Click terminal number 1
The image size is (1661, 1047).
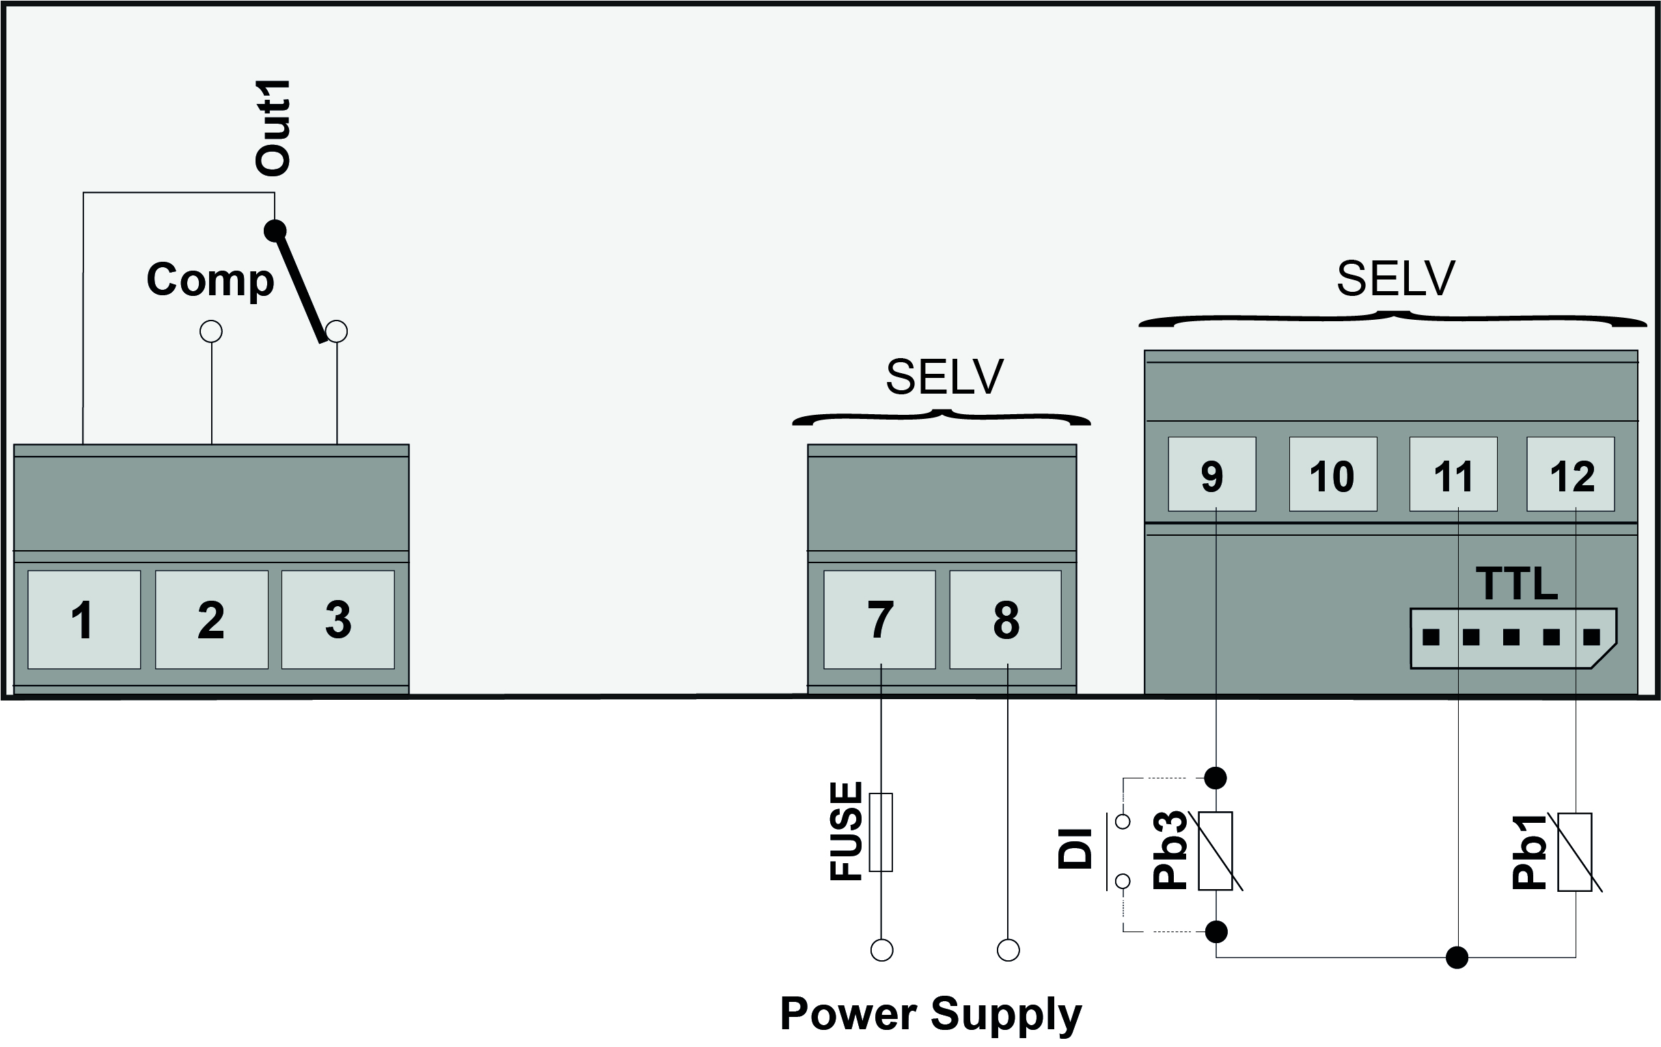click(84, 618)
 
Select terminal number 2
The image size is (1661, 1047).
click(211, 618)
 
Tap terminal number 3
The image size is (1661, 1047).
click(338, 618)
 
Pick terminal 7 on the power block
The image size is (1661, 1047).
click(879, 618)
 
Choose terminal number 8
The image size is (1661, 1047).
click(1006, 618)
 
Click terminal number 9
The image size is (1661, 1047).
click(1212, 474)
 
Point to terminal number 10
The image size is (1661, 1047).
click(1332, 474)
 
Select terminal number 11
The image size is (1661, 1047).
click(1453, 474)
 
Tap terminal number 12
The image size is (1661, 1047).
click(1571, 474)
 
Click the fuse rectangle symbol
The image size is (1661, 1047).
click(881, 832)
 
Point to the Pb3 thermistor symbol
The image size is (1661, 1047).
click(1216, 851)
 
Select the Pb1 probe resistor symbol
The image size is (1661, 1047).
click(1576, 852)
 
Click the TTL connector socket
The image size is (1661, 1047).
click(1512, 638)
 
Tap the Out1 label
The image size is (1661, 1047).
click(273, 128)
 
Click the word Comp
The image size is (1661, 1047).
click(210, 280)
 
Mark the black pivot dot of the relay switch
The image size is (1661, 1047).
click(275, 230)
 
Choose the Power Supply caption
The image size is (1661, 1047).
click(931, 1015)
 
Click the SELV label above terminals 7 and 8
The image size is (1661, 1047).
click(944, 377)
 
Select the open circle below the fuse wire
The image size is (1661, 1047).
click(881, 951)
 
